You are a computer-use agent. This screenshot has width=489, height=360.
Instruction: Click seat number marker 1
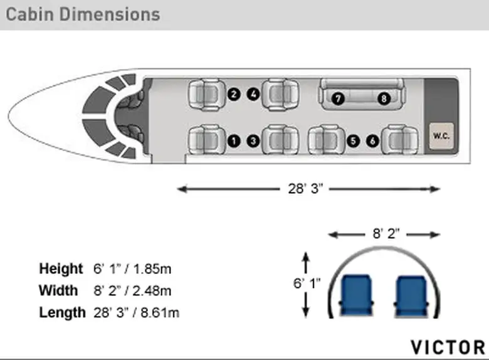[x=234, y=141]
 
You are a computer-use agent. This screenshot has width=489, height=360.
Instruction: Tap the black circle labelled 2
[x=234, y=94]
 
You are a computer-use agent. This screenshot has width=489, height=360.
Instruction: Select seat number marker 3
[x=253, y=141]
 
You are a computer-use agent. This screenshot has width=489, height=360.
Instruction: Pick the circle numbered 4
[x=253, y=94]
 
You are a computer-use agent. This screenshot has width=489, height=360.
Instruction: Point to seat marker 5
[x=353, y=141]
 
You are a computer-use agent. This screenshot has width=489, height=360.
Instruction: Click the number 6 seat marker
[x=372, y=141]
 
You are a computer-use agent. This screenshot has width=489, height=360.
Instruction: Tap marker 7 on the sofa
[x=338, y=98]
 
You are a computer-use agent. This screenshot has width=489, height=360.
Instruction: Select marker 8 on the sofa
[x=384, y=98]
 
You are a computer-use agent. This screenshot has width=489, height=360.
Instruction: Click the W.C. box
[x=441, y=135]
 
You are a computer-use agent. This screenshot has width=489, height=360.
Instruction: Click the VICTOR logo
[x=448, y=347]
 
